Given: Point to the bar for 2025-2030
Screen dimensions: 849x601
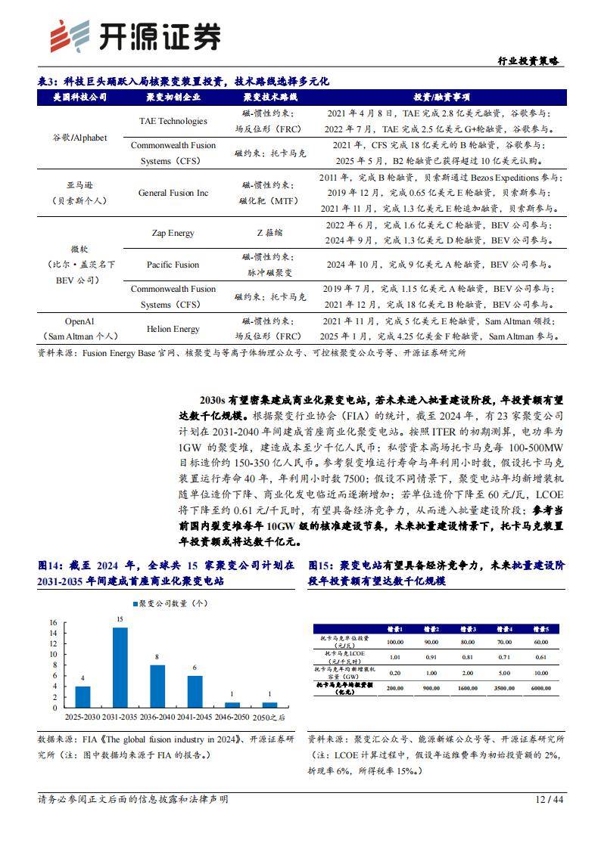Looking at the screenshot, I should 83,697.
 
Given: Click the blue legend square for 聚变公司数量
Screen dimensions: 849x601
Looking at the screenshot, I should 136,603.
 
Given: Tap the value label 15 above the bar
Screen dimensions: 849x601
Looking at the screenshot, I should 120,620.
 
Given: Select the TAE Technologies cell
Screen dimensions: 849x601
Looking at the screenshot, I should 173,121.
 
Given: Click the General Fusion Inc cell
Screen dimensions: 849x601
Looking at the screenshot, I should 173,193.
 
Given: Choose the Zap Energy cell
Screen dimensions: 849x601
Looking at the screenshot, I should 173,234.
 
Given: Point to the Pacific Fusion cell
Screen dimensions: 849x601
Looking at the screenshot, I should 173,265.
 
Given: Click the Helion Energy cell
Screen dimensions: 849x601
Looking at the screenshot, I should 173,329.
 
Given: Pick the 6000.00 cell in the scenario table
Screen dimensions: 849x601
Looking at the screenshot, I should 540,689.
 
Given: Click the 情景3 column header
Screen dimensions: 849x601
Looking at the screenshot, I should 468,629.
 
